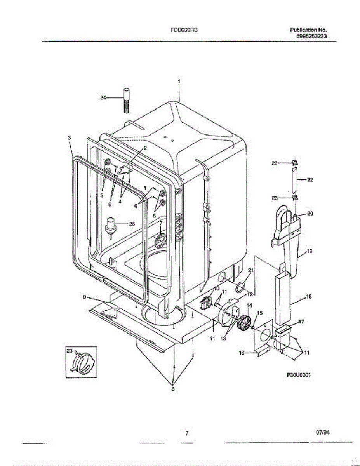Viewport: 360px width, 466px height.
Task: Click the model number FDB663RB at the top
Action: (x=184, y=30)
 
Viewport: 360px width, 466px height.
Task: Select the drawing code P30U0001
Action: (x=300, y=375)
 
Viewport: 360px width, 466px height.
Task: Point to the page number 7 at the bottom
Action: (x=187, y=433)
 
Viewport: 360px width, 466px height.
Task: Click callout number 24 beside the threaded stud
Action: (x=103, y=98)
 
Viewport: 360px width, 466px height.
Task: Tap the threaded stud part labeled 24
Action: (x=126, y=101)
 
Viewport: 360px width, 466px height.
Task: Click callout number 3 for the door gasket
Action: (x=69, y=137)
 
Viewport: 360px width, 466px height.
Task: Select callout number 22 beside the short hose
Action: (x=310, y=180)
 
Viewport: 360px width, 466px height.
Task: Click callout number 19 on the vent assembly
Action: (x=310, y=251)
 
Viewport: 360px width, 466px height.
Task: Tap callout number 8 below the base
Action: (x=173, y=389)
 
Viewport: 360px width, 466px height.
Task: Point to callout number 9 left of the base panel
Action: (x=84, y=297)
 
